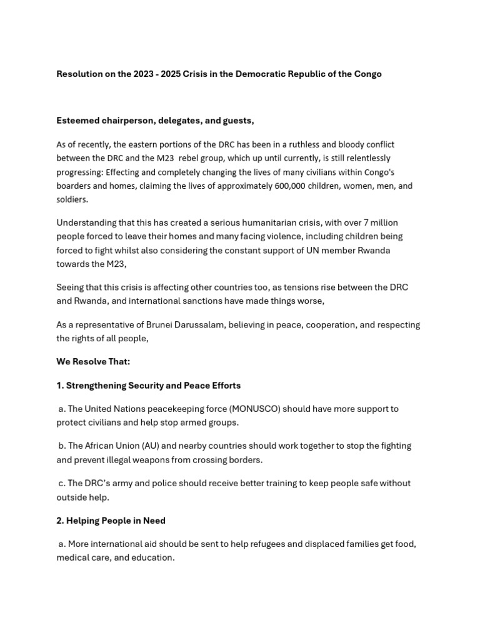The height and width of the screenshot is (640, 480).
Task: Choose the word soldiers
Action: click(x=72, y=199)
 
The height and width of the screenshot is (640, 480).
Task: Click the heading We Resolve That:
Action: click(x=93, y=362)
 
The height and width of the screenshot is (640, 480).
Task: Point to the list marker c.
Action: click(x=62, y=483)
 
